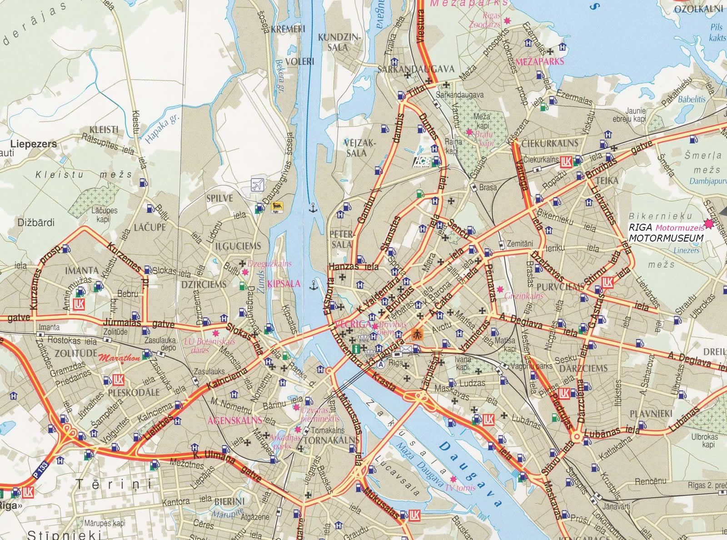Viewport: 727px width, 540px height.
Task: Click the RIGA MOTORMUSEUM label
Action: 666,234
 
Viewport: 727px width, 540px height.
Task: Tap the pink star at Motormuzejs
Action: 708,224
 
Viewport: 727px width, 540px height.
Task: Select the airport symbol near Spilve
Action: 257,185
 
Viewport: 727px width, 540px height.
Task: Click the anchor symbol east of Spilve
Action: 312,209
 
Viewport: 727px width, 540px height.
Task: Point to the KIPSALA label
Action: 284,284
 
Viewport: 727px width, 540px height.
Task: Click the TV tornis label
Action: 460,488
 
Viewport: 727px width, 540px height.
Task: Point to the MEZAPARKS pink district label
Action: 539,61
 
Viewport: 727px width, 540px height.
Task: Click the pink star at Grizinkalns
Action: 500,289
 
